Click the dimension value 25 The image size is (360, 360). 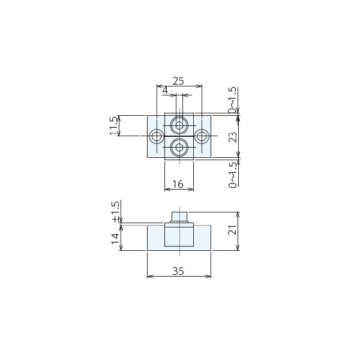(178, 81)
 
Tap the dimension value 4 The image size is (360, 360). (165, 90)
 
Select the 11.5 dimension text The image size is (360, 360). (113, 125)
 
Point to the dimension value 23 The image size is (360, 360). (233, 137)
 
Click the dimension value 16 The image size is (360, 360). (178, 184)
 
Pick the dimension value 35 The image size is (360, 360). (178, 271)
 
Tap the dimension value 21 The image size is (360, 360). (232, 230)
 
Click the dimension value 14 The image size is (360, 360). (115, 239)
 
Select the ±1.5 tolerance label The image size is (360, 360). (115, 212)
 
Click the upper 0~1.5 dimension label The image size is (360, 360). (232, 100)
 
